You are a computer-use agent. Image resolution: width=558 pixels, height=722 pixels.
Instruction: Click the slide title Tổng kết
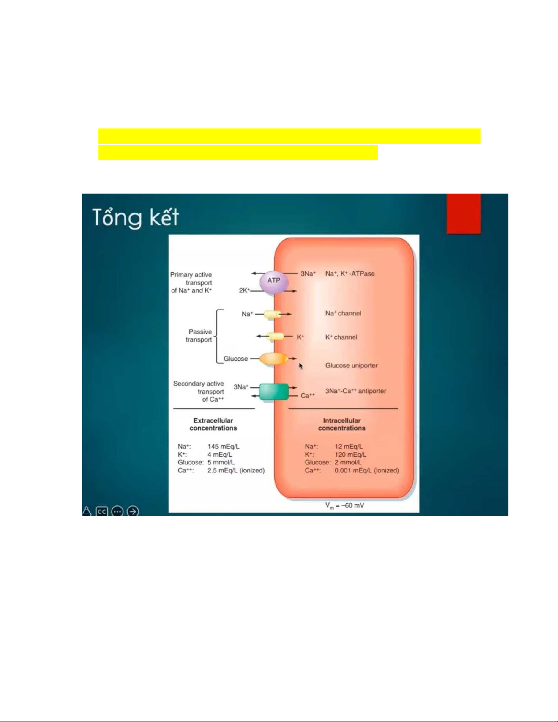(x=136, y=218)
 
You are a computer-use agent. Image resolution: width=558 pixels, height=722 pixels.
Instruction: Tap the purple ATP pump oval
(x=274, y=282)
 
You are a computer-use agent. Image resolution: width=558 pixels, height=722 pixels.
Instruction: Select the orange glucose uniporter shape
(x=273, y=359)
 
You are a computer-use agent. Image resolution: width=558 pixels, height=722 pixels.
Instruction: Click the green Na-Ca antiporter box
(x=274, y=391)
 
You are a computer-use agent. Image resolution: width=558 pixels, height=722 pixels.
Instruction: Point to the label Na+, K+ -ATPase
(x=350, y=274)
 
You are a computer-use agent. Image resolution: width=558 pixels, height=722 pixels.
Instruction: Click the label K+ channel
(x=341, y=337)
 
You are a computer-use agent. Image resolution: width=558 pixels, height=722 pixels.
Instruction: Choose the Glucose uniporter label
(x=351, y=365)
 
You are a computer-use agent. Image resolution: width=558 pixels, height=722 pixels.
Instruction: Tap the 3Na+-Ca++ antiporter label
(x=355, y=391)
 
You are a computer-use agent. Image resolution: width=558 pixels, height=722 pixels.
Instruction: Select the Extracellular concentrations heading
(x=213, y=424)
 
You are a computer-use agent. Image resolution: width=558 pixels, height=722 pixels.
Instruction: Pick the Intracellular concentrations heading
(x=342, y=424)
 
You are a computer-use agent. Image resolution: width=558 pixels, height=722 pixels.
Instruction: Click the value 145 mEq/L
(x=223, y=446)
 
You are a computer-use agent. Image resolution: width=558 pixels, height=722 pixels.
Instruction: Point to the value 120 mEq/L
(x=350, y=455)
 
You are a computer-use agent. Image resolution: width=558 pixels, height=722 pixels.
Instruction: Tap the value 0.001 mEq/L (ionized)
(x=367, y=471)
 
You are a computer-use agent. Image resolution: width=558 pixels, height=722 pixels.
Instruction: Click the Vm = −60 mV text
(x=344, y=506)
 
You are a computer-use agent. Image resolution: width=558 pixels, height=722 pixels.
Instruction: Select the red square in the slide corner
(x=464, y=214)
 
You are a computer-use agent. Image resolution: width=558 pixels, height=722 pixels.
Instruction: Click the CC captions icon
(x=102, y=512)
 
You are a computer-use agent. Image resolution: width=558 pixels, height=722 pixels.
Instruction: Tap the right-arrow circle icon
(x=133, y=512)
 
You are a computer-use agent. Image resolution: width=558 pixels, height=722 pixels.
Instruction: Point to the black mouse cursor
(x=301, y=366)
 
